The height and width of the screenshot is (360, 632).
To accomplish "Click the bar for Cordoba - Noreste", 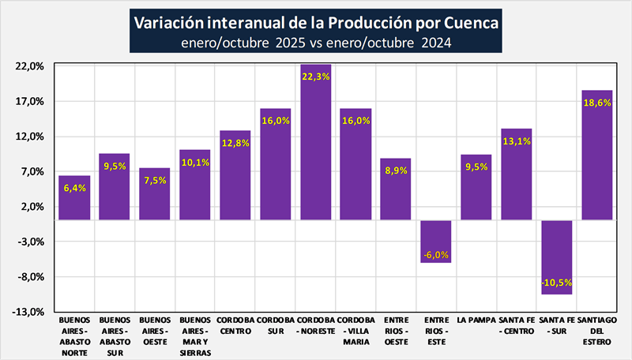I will pos(315,142).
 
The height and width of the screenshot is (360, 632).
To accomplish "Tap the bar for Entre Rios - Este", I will pos(436,241).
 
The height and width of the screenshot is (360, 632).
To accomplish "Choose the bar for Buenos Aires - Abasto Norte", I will pos(74,197).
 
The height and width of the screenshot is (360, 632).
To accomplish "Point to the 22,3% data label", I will pos(315,77).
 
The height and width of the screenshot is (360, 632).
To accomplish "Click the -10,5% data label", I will pos(556,282).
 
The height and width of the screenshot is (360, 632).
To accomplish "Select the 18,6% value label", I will pos(596,103).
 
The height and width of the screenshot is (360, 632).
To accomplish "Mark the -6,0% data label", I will pos(436,254).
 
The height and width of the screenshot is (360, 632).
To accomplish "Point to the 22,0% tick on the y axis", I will pos(31,66).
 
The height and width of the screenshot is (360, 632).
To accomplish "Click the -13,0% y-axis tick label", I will pos(29,312).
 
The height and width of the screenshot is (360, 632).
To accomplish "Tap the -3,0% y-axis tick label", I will pos(31,242).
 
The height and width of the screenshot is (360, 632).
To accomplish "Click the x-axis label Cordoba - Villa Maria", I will pos(355,331).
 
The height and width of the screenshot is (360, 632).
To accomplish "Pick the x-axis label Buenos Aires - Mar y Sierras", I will pos(195,336).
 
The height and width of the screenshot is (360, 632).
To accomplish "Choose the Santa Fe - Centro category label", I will pos(516,325).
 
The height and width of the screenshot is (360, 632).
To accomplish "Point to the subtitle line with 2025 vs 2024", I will pos(315,43).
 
